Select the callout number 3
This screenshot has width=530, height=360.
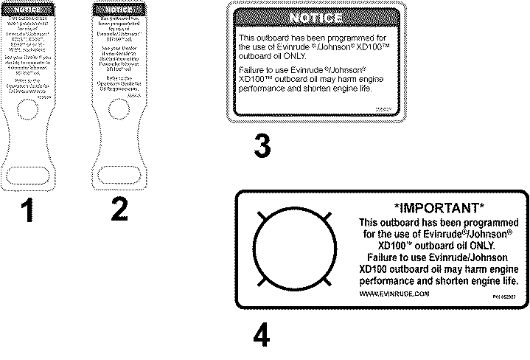pyautogui.click(x=262, y=145)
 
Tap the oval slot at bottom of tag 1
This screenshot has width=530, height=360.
pyautogui.click(x=27, y=174)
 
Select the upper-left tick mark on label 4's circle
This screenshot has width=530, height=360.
pyautogui.click(x=261, y=218)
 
